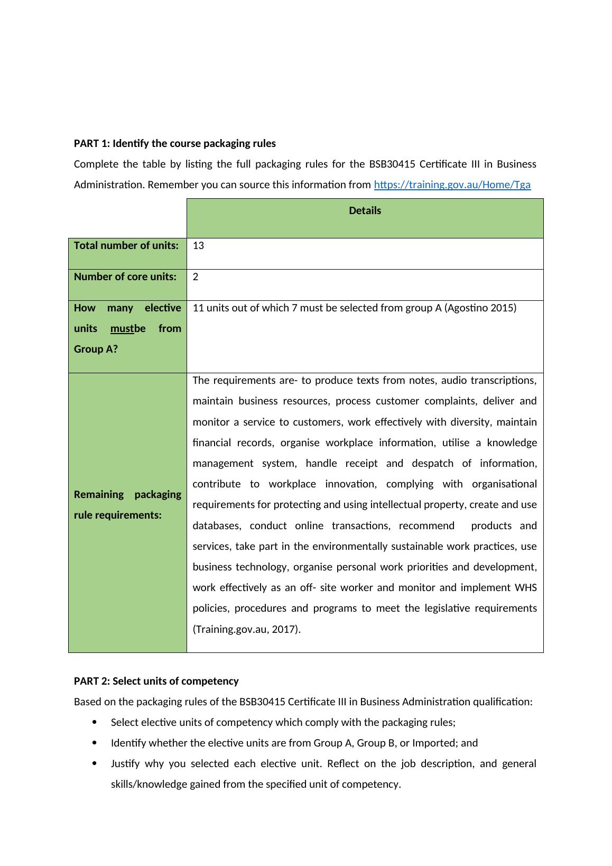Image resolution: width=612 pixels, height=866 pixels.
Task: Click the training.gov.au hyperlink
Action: click(452, 185)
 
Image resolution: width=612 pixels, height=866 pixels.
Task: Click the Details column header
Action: click(365, 211)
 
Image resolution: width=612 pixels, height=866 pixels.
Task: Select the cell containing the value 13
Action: click(199, 246)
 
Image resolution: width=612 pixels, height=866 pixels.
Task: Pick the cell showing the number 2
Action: click(196, 277)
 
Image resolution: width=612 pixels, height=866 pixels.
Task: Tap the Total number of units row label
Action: click(126, 246)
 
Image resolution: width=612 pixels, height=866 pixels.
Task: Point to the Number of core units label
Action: click(125, 277)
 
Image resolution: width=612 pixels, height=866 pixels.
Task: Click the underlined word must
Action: click(122, 329)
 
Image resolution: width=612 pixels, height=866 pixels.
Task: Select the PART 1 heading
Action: click(174, 144)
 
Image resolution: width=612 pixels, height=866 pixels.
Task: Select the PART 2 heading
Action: click(156, 681)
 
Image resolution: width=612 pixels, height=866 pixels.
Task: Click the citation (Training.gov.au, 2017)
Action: click(246, 630)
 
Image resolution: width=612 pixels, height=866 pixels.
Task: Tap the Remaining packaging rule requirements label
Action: click(127, 505)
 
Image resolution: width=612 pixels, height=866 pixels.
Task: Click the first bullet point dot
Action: click(95, 722)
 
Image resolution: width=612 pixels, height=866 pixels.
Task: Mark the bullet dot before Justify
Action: click(95, 763)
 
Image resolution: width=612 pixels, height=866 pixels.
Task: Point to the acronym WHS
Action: click(526, 588)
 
